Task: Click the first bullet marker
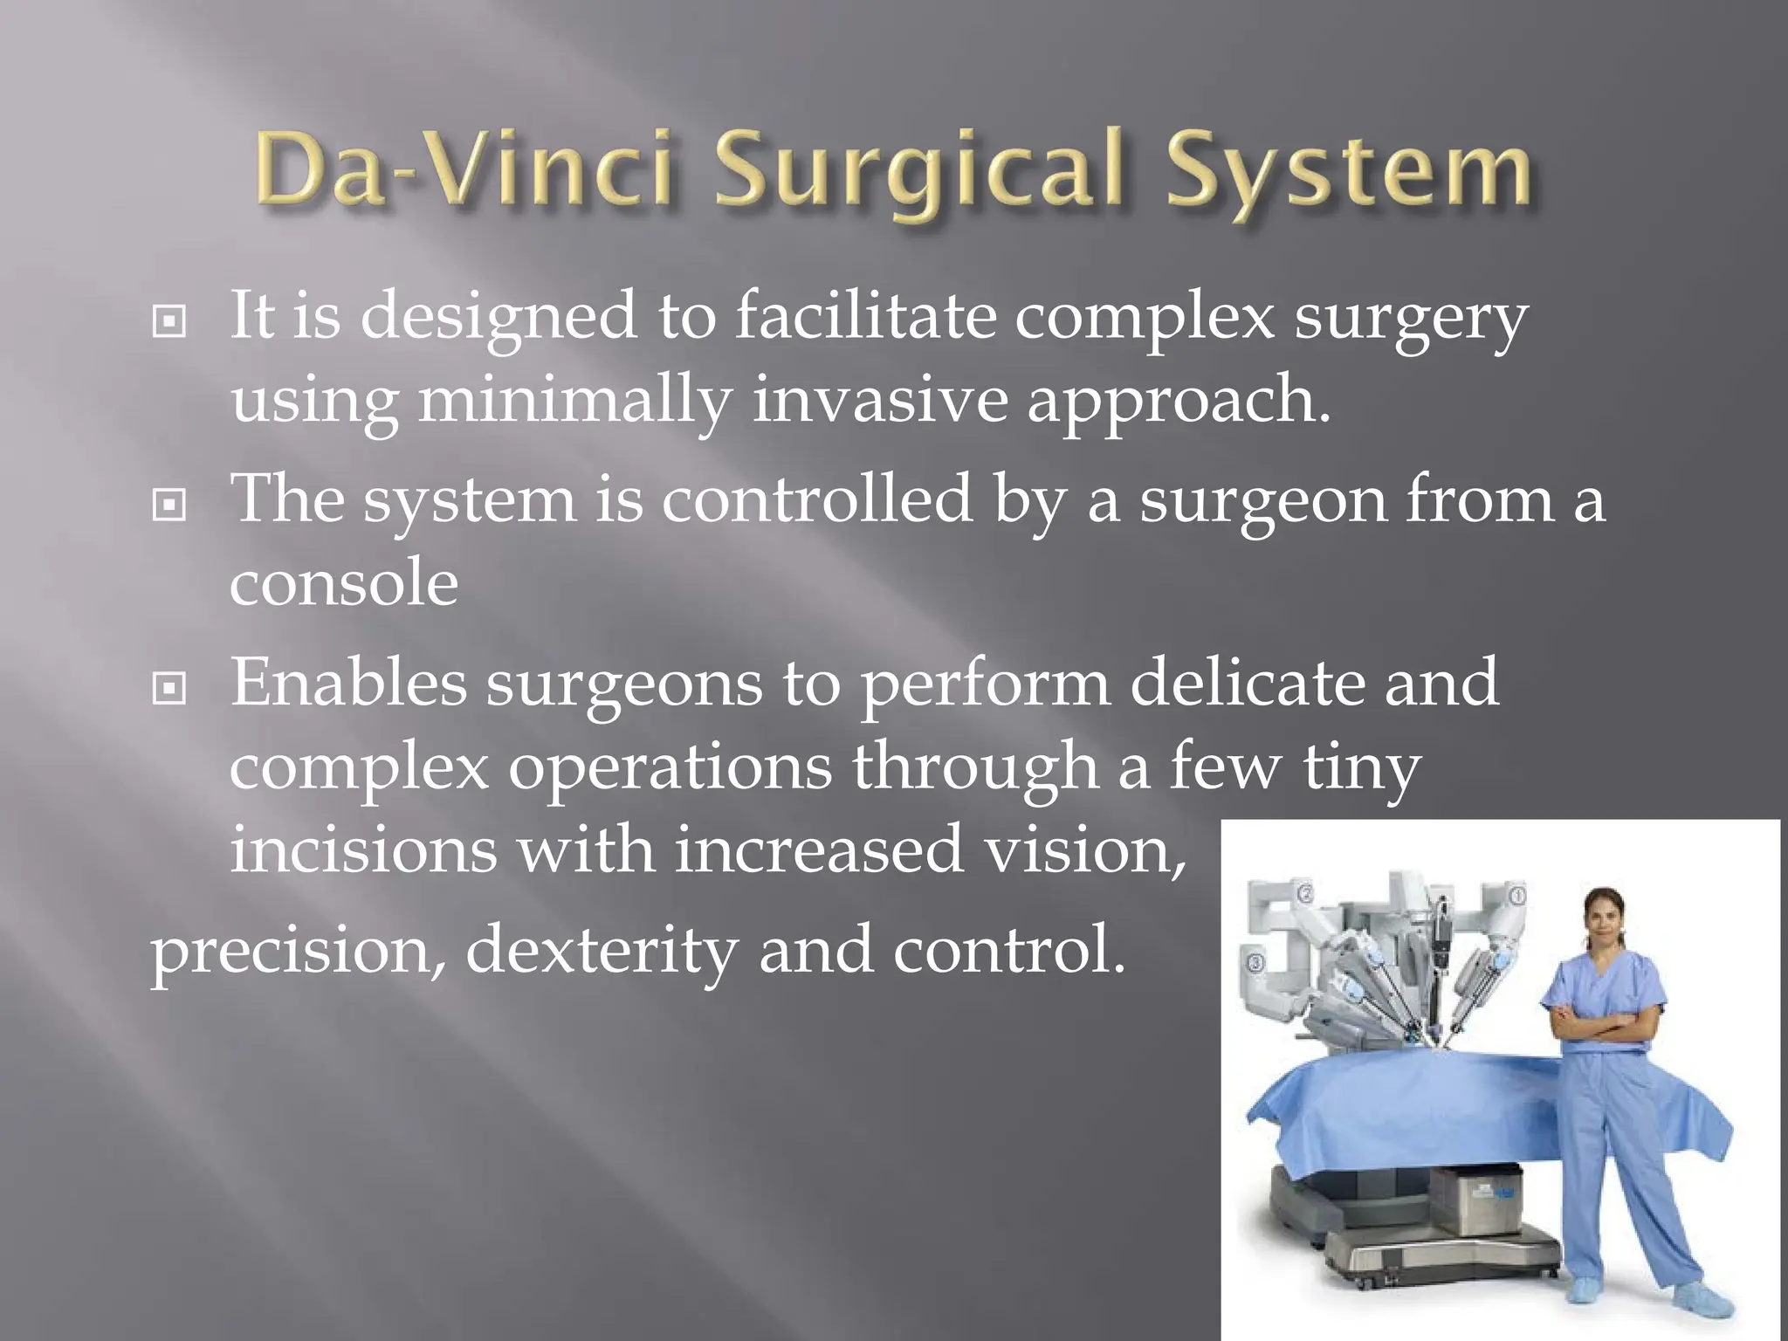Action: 168,322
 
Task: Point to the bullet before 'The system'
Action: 168,505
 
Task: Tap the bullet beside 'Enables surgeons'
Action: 168,690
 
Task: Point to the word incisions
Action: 363,849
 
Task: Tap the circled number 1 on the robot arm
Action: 1517,896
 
